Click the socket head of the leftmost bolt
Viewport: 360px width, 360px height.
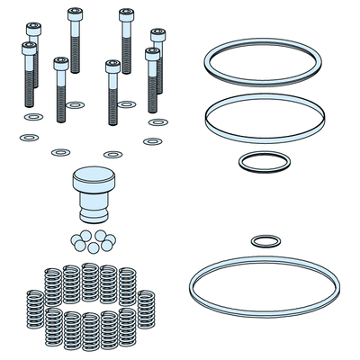[x=30, y=48]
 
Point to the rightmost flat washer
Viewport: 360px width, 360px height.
[x=158, y=121]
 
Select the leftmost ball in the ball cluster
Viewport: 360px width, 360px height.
[x=71, y=240]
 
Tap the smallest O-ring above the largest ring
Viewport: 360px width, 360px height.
[x=263, y=240]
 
